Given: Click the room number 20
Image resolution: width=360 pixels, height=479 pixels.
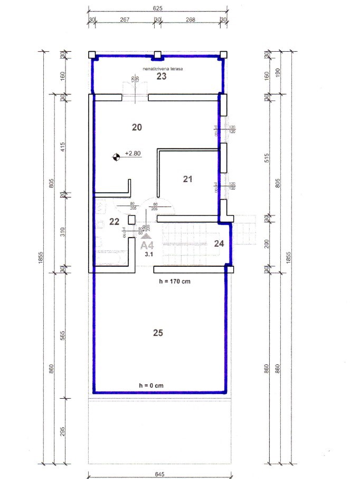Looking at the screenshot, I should coord(137,127).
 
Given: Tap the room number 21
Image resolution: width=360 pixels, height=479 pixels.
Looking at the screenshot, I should coord(187,179).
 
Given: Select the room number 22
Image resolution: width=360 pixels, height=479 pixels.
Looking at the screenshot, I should coord(114,221).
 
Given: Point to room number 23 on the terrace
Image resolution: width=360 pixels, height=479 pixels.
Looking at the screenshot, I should coord(161,77).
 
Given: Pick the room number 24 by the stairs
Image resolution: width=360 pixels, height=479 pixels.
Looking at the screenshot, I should coord(220,243).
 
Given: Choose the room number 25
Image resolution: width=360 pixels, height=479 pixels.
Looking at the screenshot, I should coord(158,333).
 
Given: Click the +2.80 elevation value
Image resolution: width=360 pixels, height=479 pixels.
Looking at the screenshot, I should coord(132,154).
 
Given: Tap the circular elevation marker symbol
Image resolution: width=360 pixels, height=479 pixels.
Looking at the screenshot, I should coord(116,156).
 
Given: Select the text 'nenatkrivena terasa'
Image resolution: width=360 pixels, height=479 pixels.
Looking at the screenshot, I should coord(161,69).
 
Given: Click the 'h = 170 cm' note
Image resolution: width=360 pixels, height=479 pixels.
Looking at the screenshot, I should coord(175,281).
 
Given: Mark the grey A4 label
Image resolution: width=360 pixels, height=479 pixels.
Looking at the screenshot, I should coord(147,245).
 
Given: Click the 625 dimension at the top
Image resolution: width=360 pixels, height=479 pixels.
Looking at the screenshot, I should coord(157,8).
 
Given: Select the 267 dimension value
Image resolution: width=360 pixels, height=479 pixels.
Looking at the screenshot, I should coord(125,20).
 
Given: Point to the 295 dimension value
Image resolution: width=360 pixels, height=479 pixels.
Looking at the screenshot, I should coord(64,431).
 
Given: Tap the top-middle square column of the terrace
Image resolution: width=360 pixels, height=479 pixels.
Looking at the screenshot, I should coord(157,54).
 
